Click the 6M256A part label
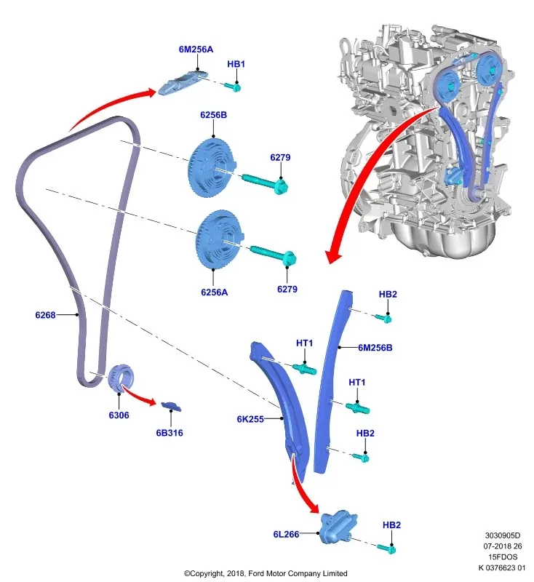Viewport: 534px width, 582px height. click(x=196, y=49)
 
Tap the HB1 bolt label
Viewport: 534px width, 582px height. click(x=236, y=64)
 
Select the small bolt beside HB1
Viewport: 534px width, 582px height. click(x=234, y=87)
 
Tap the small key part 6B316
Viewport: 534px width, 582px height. click(x=171, y=404)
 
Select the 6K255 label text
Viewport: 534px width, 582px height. click(x=250, y=419)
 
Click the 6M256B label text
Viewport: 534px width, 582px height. click(x=375, y=348)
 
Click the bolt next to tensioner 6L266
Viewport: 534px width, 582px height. click(x=386, y=547)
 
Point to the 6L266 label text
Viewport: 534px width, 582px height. click(x=287, y=535)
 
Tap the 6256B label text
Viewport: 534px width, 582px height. click(x=214, y=115)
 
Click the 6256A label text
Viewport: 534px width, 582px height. click(x=215, y=292)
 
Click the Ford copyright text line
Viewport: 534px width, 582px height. click(x=266, y=573)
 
